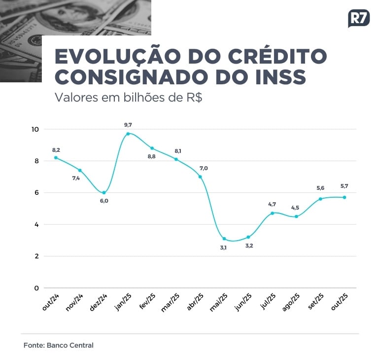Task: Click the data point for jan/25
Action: tap(128, 134)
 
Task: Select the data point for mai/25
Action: tap(224, 239)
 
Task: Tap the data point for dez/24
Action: tap(104, 193)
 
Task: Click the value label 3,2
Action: tap(249, 246)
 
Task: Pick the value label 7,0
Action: tap(204, 168)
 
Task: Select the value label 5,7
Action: tap(344, 186)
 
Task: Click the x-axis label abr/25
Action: tap(196, 302)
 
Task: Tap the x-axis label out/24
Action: tap(51, 302)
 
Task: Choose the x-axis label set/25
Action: tap(316, 302)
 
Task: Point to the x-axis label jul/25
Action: tap(269, 302)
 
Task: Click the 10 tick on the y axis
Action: tap(35, 129)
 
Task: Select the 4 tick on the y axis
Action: tap(35, 224)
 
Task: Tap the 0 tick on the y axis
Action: tap(35, 288)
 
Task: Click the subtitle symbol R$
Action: tap(192, 97)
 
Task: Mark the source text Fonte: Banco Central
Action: tap(58, 345)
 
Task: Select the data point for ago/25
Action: tap(296, 216)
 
